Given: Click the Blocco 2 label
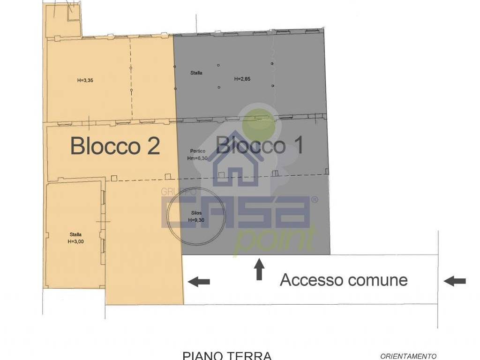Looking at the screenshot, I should pos(115,146).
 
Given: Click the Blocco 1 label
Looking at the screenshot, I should pos(259,146).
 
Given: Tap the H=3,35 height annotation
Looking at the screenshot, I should pos(85,80).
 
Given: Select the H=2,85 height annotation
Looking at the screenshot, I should pos(242,79).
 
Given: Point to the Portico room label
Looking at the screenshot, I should pos(197,151).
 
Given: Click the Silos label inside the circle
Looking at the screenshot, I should pos(196,213).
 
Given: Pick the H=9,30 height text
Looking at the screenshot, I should pos(196,219).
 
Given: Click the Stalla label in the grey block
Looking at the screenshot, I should pos(196,73).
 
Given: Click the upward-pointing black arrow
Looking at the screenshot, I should pos(259,270).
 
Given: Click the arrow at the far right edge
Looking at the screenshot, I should pos(455,281).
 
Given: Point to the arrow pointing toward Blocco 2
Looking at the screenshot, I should pos(199,281).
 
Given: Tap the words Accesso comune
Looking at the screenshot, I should pos(344,280).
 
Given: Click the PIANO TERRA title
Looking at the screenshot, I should pos(227,356).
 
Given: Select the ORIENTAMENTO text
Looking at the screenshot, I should pos(408,356).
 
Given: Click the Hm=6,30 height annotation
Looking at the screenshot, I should pos(197,158).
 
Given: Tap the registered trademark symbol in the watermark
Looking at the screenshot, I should pos(315,200).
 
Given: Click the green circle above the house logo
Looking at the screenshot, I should pos(256,118).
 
